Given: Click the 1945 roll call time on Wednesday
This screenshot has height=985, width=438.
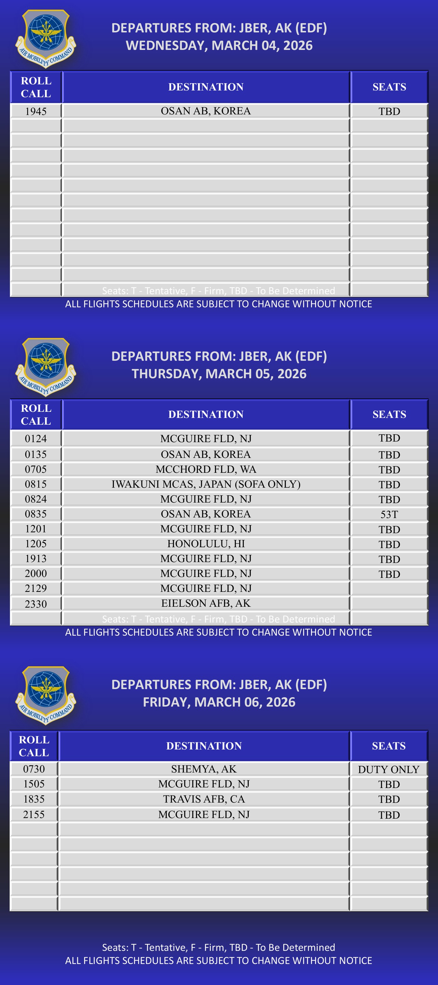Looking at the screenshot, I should (36, 111).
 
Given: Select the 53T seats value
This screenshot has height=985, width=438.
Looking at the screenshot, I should (389, 514).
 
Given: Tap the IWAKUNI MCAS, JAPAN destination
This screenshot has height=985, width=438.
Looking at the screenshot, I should (206, 484).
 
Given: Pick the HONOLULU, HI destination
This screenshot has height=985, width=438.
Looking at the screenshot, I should (206, 544).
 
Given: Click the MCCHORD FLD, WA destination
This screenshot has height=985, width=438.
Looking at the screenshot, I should (206, 469).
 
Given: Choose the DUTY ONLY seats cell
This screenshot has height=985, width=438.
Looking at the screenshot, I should (389, 769).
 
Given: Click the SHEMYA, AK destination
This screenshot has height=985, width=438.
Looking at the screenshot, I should (204, 769).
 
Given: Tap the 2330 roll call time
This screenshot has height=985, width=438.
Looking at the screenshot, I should (36, 604).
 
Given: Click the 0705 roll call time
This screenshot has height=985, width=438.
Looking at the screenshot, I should (36, 469).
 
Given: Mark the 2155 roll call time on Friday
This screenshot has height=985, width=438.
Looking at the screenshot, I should (34, 815).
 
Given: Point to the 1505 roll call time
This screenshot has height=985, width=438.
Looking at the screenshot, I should (34, 784).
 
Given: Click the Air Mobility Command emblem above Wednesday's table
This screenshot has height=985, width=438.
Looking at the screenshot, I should (46, 38).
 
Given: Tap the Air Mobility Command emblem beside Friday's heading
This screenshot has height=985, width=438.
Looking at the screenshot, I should (46, 695).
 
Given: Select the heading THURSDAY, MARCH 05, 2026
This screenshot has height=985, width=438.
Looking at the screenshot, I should (219, 374).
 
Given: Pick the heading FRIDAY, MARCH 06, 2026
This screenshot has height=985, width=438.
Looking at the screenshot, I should (219, 702).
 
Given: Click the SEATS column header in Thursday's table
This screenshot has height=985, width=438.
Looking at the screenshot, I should (389, 415).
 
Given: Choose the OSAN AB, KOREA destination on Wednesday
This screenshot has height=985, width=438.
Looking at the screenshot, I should (206, 111).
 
